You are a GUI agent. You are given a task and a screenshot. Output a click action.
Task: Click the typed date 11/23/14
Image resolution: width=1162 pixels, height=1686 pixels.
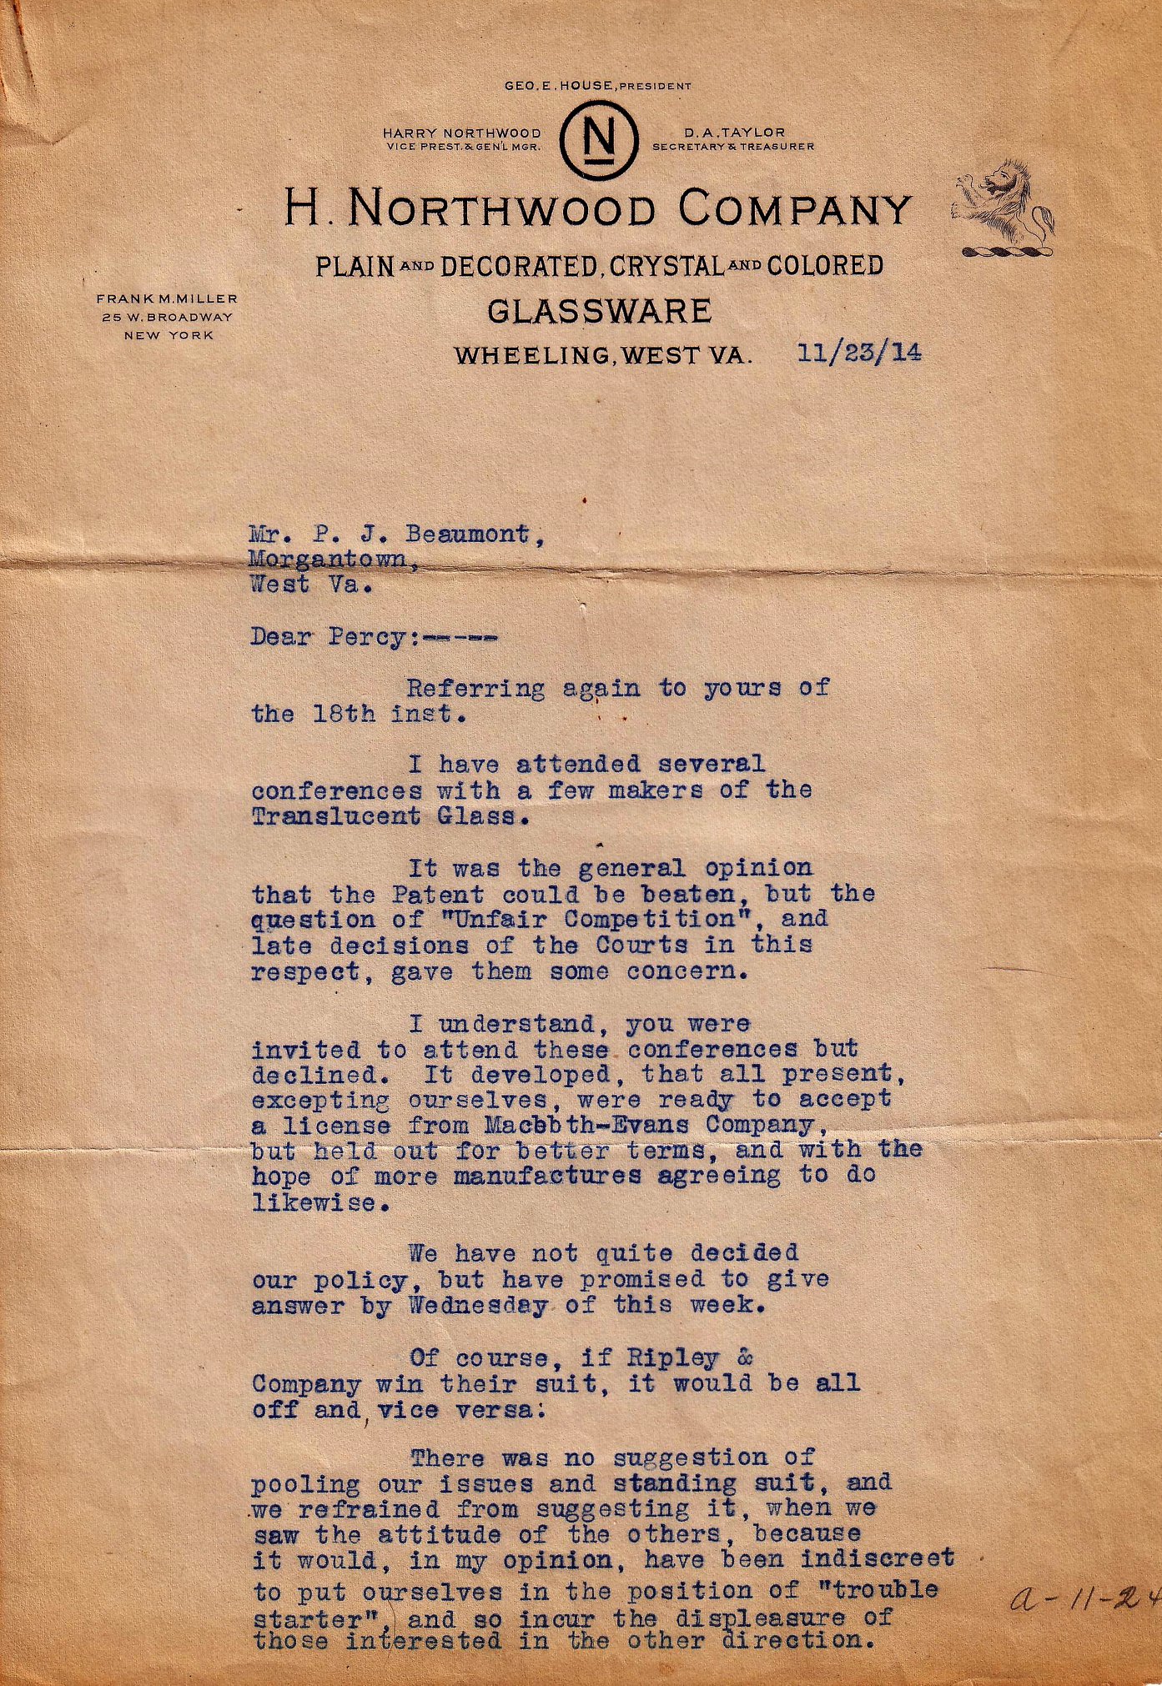[859, 353]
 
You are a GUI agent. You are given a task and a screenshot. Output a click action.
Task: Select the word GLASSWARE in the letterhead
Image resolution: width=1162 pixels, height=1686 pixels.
[599, 311]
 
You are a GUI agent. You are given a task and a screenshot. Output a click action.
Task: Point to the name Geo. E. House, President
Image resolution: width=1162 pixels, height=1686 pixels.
[597, 86]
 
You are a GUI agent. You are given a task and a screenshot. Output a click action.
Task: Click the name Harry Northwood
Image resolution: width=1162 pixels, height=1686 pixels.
[461, 133]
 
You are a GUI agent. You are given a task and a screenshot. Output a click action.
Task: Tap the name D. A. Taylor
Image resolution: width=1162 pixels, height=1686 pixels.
[734, 132]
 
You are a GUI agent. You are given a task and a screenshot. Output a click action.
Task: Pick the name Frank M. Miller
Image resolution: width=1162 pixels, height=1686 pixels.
[167, 299]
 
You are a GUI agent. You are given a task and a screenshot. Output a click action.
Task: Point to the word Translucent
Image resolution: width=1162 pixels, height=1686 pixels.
[335, 815]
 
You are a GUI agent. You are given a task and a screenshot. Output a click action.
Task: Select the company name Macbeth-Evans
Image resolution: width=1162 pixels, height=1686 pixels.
[586, 1124]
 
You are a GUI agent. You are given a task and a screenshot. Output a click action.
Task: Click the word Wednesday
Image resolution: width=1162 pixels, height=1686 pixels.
[478, 1306]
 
